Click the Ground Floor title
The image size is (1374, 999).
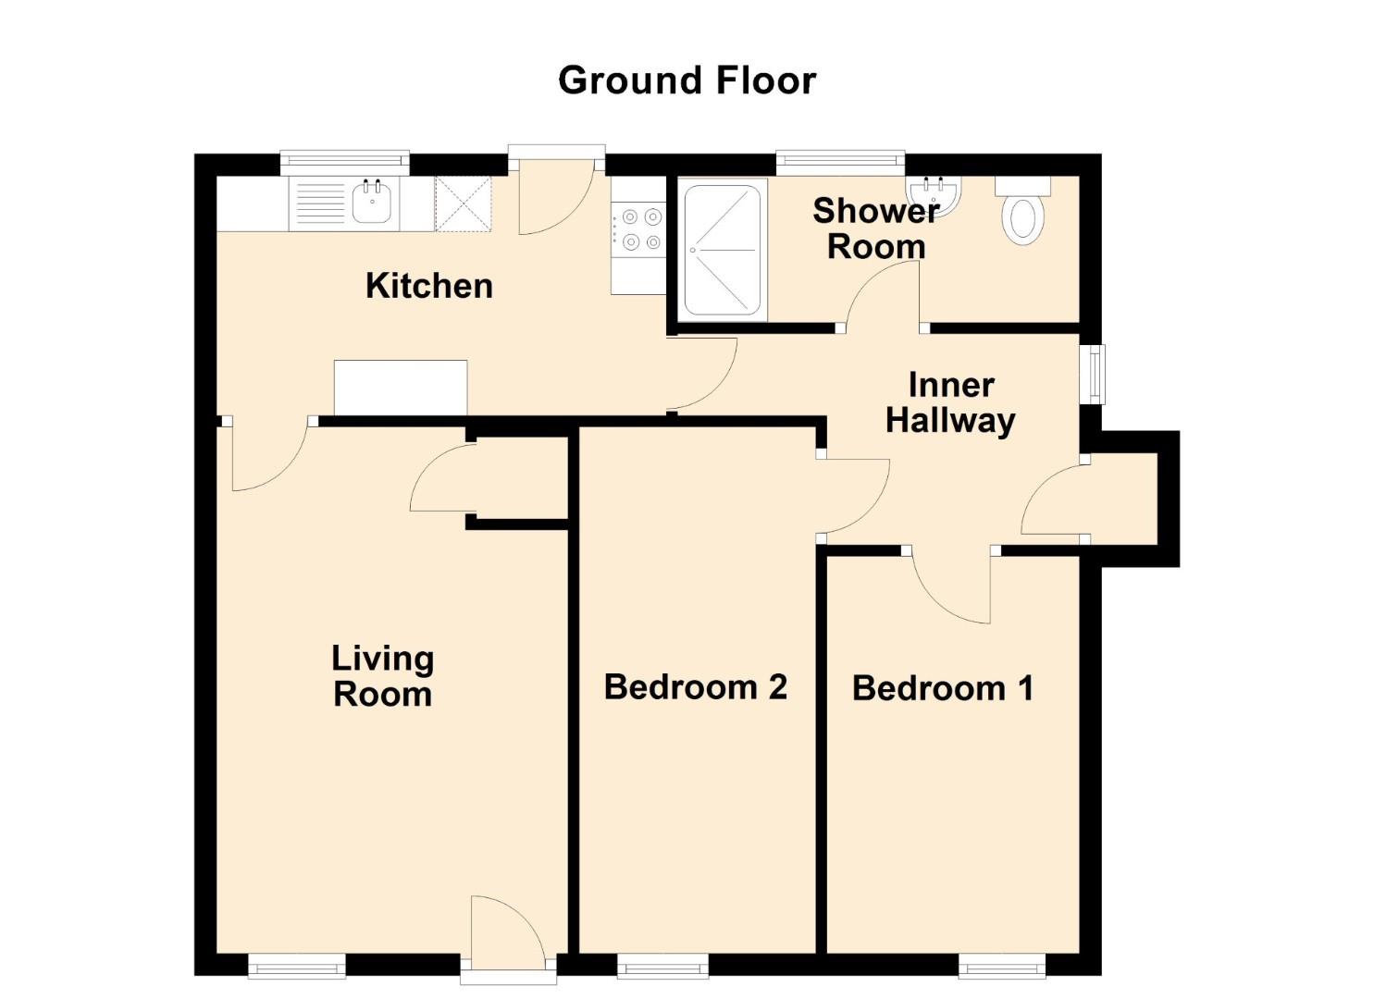pyautogui.click(x=687, y=80)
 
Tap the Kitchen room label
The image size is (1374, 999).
pyautogui.click(x=428, y=286)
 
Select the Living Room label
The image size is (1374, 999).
pyautogui.click(x=382, y=676)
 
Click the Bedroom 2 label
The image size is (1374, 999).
pyautogui.click(x=695, y=687)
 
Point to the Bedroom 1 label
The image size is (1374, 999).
pyautogui.click(x=942, y=688)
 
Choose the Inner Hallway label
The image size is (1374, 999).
pyautogui.click(x=950, y=402)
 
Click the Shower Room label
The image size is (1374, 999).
pyautogui.click(x=875, y=228)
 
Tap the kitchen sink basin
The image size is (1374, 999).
pyautogui.click(x=373, y=203)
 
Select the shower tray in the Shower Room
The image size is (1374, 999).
pyautogui.click(x=722, y=249)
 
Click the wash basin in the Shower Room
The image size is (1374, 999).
pyautogui.click(x=935, y=194)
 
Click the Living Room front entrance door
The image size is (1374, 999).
pyautogui.click(x=504, y=934)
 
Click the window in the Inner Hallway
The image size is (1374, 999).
pyautogui.click(x=1095, y=374)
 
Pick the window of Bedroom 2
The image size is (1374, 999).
pyautogui.click(x=662, y=967)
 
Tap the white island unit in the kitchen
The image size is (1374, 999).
pyautogui.click(x=400, y=388)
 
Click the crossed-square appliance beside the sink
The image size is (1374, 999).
pyautogui.click(x=463, y=204)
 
